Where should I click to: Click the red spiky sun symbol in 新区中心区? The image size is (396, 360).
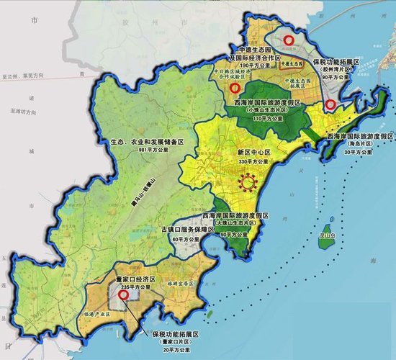click(x=250, y=182)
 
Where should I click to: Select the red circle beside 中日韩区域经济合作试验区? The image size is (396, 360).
click(x=234, y=89)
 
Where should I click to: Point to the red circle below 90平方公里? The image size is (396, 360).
click(x=330, y=106)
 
